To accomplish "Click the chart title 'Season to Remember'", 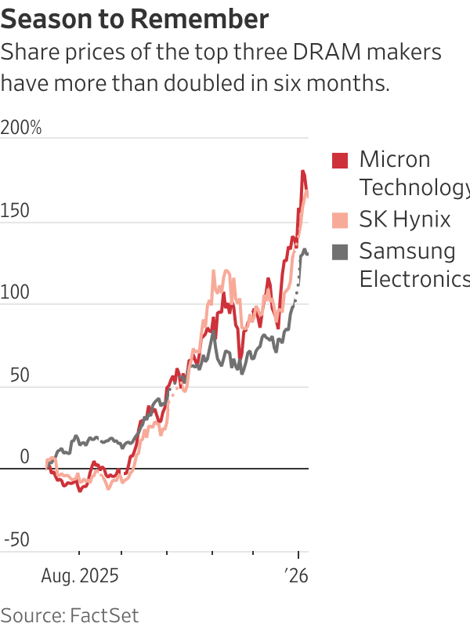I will tap(135, 18).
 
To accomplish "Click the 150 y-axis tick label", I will tap(15, 211).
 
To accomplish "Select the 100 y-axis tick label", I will tap(15, 293).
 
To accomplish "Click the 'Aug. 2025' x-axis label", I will tap(79, 577).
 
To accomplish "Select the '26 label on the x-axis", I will tap(297, 577).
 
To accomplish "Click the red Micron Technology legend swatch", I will tap(340, 161).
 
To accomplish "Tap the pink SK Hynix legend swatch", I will tap(340, 220).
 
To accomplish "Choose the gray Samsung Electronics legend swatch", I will tap(340, 252).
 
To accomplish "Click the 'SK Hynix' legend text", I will tap(404, 219).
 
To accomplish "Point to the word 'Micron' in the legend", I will tap(395, 159).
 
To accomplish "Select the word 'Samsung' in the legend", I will tap(407, 251).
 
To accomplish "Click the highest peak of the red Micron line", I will tap(302, 171).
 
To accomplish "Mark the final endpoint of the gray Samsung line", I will tap(307, 254).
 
